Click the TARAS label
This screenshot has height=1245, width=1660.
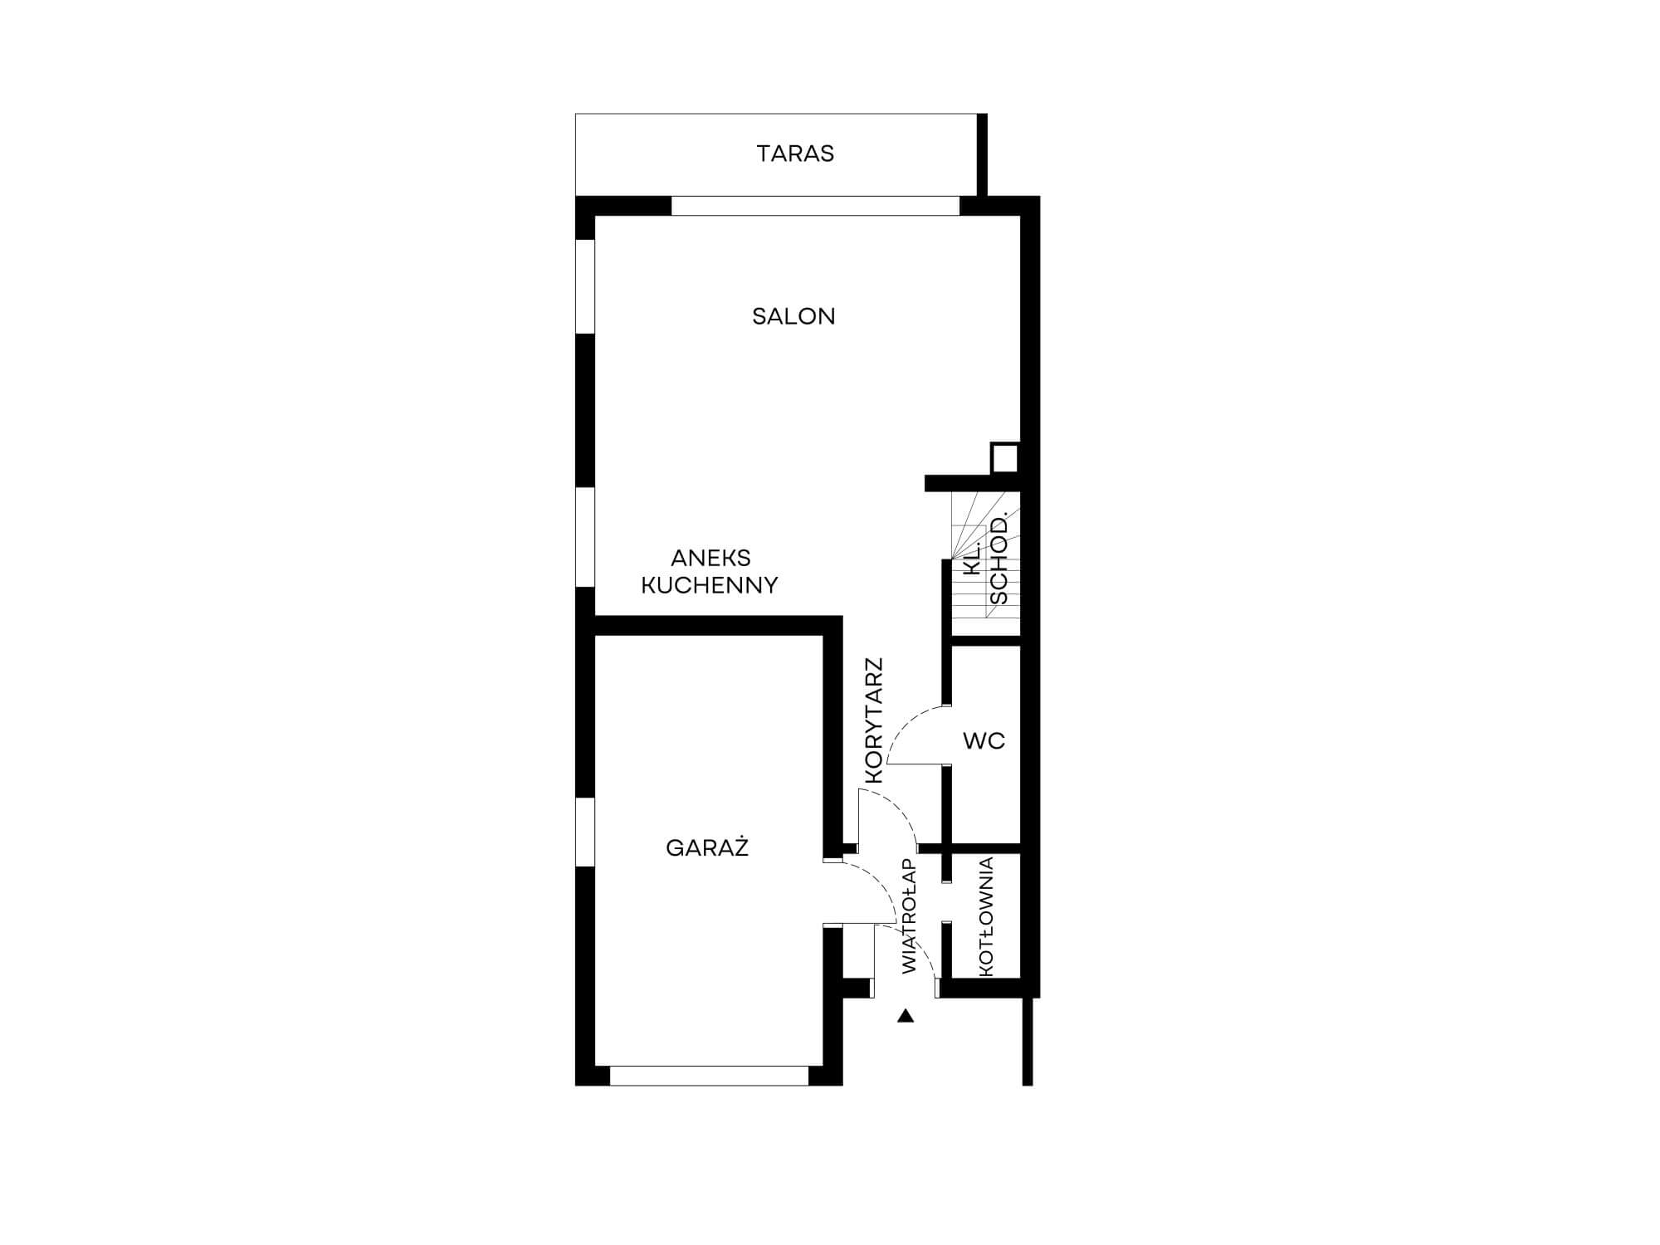point(795,154)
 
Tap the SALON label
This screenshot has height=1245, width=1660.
point(793,316)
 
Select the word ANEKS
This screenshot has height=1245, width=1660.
point(710,558)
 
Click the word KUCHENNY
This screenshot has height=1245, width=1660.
point(710,586)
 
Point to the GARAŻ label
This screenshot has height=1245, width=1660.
point(707,847)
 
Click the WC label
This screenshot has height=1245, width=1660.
point(984,740)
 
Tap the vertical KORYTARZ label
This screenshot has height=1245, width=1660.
point(874,721)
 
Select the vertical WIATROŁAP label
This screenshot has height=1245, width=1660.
point(910,916)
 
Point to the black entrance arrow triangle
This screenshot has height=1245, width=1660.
point(906,1015)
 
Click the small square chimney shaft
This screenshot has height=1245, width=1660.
point(1004,457)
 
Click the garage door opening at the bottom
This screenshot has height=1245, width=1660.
point(709,1076)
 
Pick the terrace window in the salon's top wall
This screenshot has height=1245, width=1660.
point(815,206)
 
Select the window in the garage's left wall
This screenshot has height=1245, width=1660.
point(586,832)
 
